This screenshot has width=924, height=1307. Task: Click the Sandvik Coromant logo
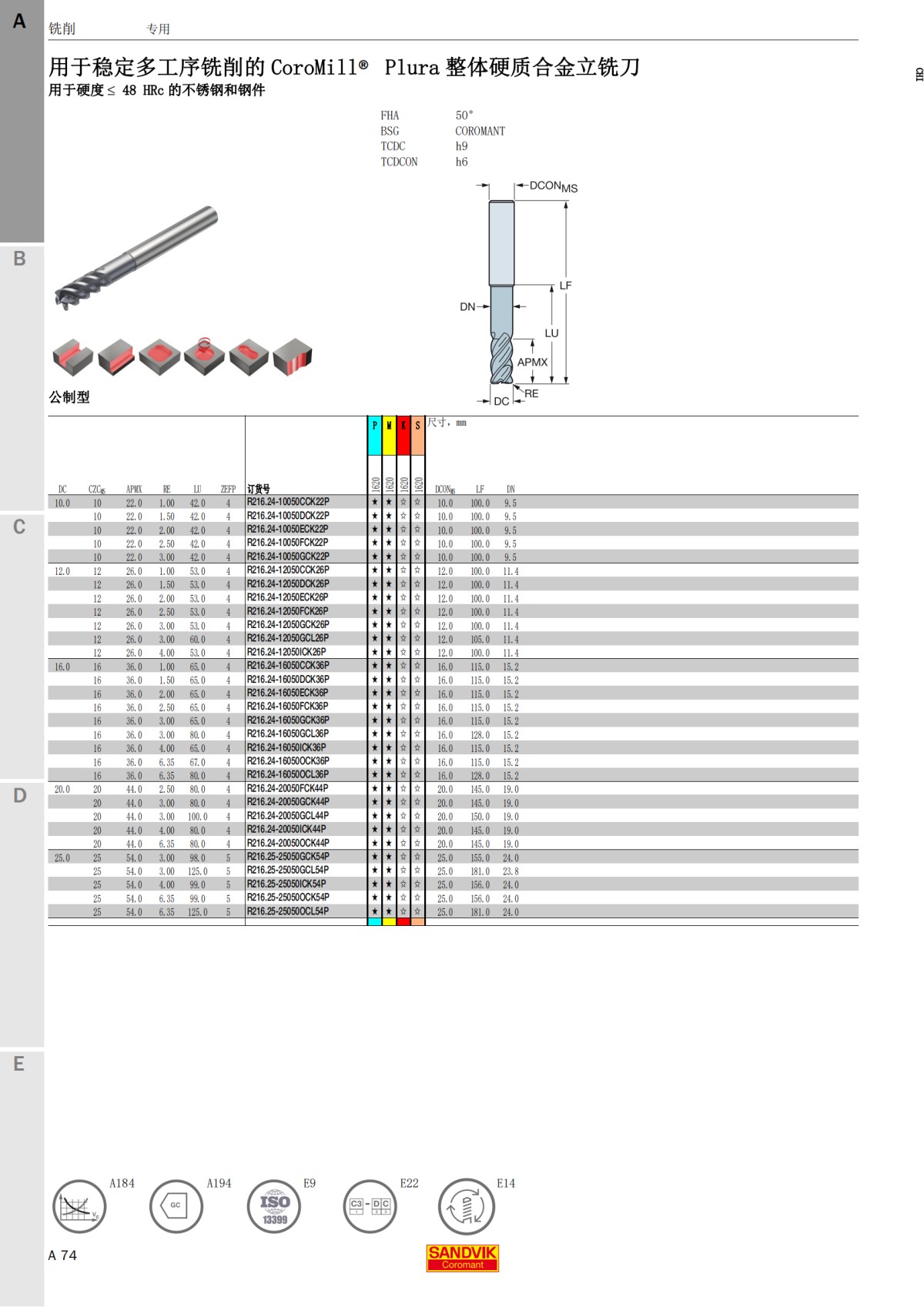pos(462,1258)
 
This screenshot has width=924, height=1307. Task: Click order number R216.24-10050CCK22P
pos(288,502)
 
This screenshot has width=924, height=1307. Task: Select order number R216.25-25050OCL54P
pos(288,911)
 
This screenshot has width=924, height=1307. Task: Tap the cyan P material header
pos(375,435)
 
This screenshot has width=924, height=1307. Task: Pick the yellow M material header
pos(389,435)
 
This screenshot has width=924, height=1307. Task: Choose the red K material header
pos(403,435)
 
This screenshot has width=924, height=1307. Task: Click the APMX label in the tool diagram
pos(532,362)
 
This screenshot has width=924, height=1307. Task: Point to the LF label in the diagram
pos(565,286)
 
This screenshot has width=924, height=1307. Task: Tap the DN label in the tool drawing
pos(467,306)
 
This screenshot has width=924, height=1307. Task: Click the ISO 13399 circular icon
pos(274,1206)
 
